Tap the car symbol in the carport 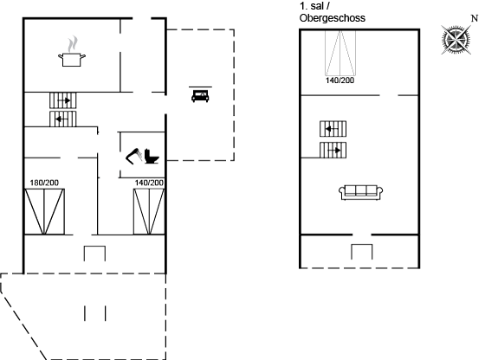coord(200,95)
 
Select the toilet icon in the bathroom coord(152,157)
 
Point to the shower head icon coord(134,156)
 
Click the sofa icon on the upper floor coord(360,192)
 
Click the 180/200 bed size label coord(44,183)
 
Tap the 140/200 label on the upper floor coord(339,80)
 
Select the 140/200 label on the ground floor coord(149,183)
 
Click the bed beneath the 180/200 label coord(44,212)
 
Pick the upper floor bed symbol coord(339,53)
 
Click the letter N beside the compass coord(475,18)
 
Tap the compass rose coord(456,40)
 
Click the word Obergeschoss coord(333,18)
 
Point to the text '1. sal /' coord(314,6)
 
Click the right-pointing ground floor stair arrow coord(64,100)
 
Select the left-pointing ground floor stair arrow coord(61,119)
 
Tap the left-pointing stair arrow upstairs coord(332,129)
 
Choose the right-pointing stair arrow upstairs coord(334,151)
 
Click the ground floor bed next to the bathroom coord(149,212)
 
